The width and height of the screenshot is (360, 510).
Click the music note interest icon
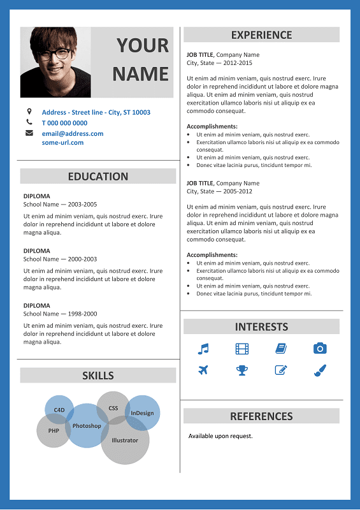click(x=203, y=349)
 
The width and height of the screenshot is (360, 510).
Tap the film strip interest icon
click(x=242, y=349)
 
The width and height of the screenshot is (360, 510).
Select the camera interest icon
click(x=320, y=348)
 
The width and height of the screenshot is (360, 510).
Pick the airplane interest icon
click(x=203, y=370)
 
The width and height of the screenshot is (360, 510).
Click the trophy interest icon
click(x=242, y=370)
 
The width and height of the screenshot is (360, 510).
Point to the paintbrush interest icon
click(x=320, y=370)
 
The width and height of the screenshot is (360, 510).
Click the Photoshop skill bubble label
click(x=87, y=426)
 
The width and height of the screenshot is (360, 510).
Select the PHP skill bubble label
click(x=54, y=430)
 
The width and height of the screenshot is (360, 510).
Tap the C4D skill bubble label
click(x=59, y=409)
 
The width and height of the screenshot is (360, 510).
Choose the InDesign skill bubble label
click(x=142, y=413)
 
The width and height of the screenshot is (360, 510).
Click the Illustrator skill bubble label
click(x=125, y=441)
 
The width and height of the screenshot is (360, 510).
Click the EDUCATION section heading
click(x=98, y=177)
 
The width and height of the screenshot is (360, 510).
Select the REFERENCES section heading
click(x=261, y=416)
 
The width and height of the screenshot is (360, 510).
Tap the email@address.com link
click(x=73, y=134)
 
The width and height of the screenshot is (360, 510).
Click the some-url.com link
click(x=62, y=143)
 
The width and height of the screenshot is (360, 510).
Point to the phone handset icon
click(x=29, y=122)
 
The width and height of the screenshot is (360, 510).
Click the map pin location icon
click(x=29, y=112)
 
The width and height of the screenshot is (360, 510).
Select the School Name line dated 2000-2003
click(x=60, y=259)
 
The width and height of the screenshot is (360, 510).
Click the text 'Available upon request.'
click(x=220, y=436)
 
